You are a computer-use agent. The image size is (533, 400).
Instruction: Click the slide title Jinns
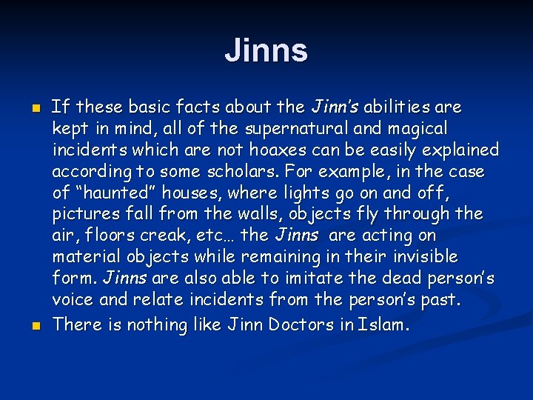click(266, 51)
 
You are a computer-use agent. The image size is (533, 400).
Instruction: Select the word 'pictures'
click(81, 215)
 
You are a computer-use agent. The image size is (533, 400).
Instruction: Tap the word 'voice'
click(72, 301)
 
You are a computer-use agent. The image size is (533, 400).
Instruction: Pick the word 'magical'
click(420, 129)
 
